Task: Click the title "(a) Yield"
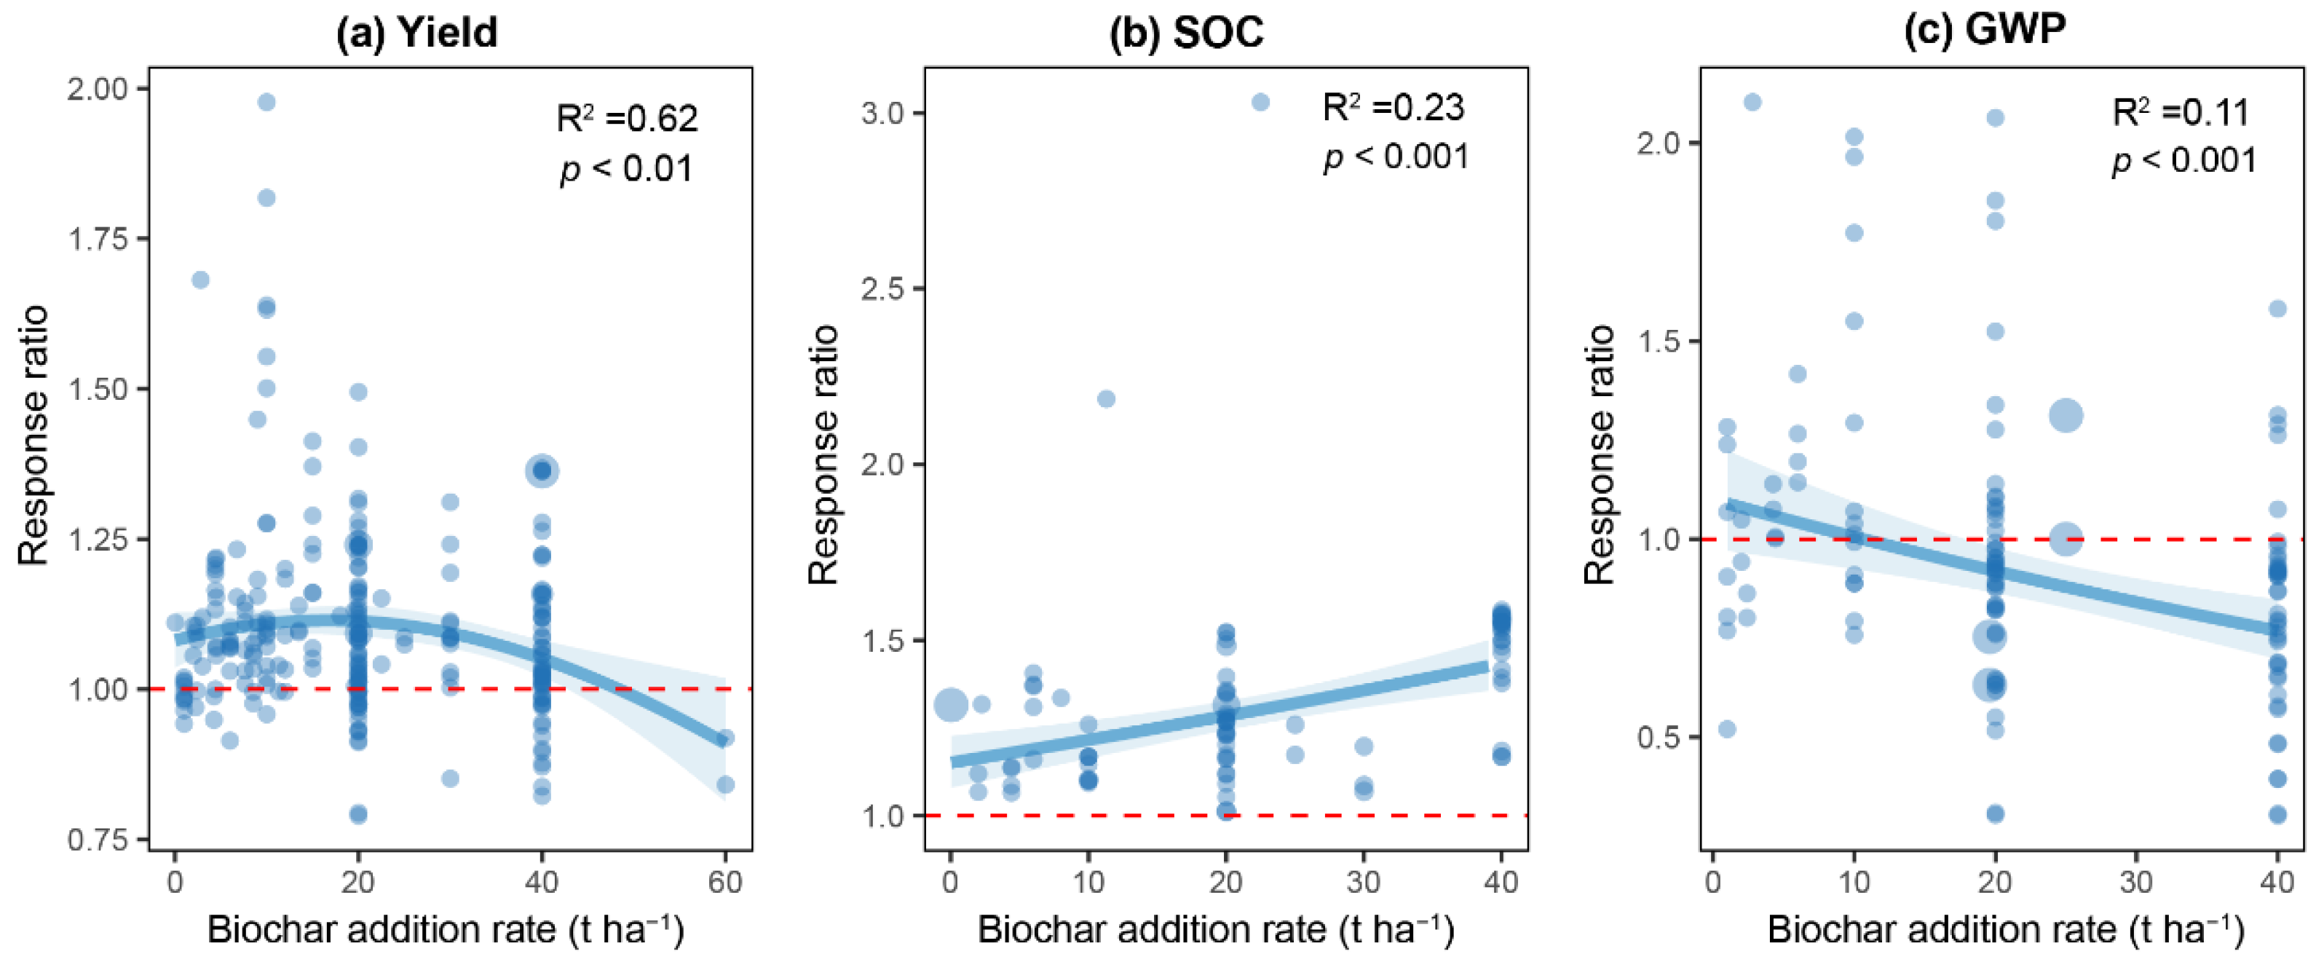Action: click(416, 33)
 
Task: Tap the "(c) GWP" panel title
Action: click(1984, 30)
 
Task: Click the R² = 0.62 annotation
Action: click(627, 118)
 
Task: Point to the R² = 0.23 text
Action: click(1393, 107)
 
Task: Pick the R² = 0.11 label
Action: click(2181, 113)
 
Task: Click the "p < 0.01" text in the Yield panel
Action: click(626, 169)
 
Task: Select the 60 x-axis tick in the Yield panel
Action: click(725, 882)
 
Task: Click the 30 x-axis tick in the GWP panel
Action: click(2135, 882)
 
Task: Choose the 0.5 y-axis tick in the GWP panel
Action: click(1661, 737)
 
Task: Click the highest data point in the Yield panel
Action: click(266, 102)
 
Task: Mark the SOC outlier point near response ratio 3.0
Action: click(1260, 102)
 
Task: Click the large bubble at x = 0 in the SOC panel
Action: click(951, 705)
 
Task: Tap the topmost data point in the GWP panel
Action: click(1752, 102)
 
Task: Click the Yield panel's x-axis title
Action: click(446, 929)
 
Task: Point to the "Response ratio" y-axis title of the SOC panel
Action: click(823, 456)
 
